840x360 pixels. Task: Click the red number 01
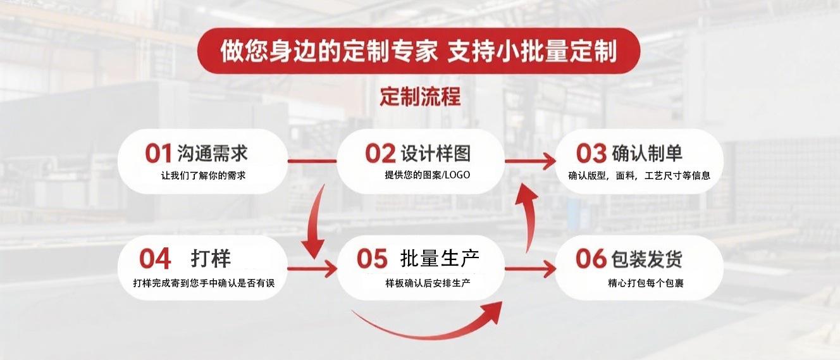[x=158, y=153]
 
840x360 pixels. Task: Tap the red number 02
[x=380, y=153]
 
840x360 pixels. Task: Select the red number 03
[x=591, y=153]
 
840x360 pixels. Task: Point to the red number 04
[x=156, y=258]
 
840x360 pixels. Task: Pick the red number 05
[x=371, y=258]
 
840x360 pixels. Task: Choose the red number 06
[x=591, y=258]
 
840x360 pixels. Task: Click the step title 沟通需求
[x=212, y=153]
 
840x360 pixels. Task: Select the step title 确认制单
[x=647, y=153]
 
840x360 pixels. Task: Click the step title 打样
[x=211, y=258]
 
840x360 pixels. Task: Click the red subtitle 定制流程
[x=420, y=97]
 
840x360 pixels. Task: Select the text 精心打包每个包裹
[x=645, y=283]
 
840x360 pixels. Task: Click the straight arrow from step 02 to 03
[x=530, y=162]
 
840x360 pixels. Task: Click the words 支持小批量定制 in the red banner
[x=532, y=51]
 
